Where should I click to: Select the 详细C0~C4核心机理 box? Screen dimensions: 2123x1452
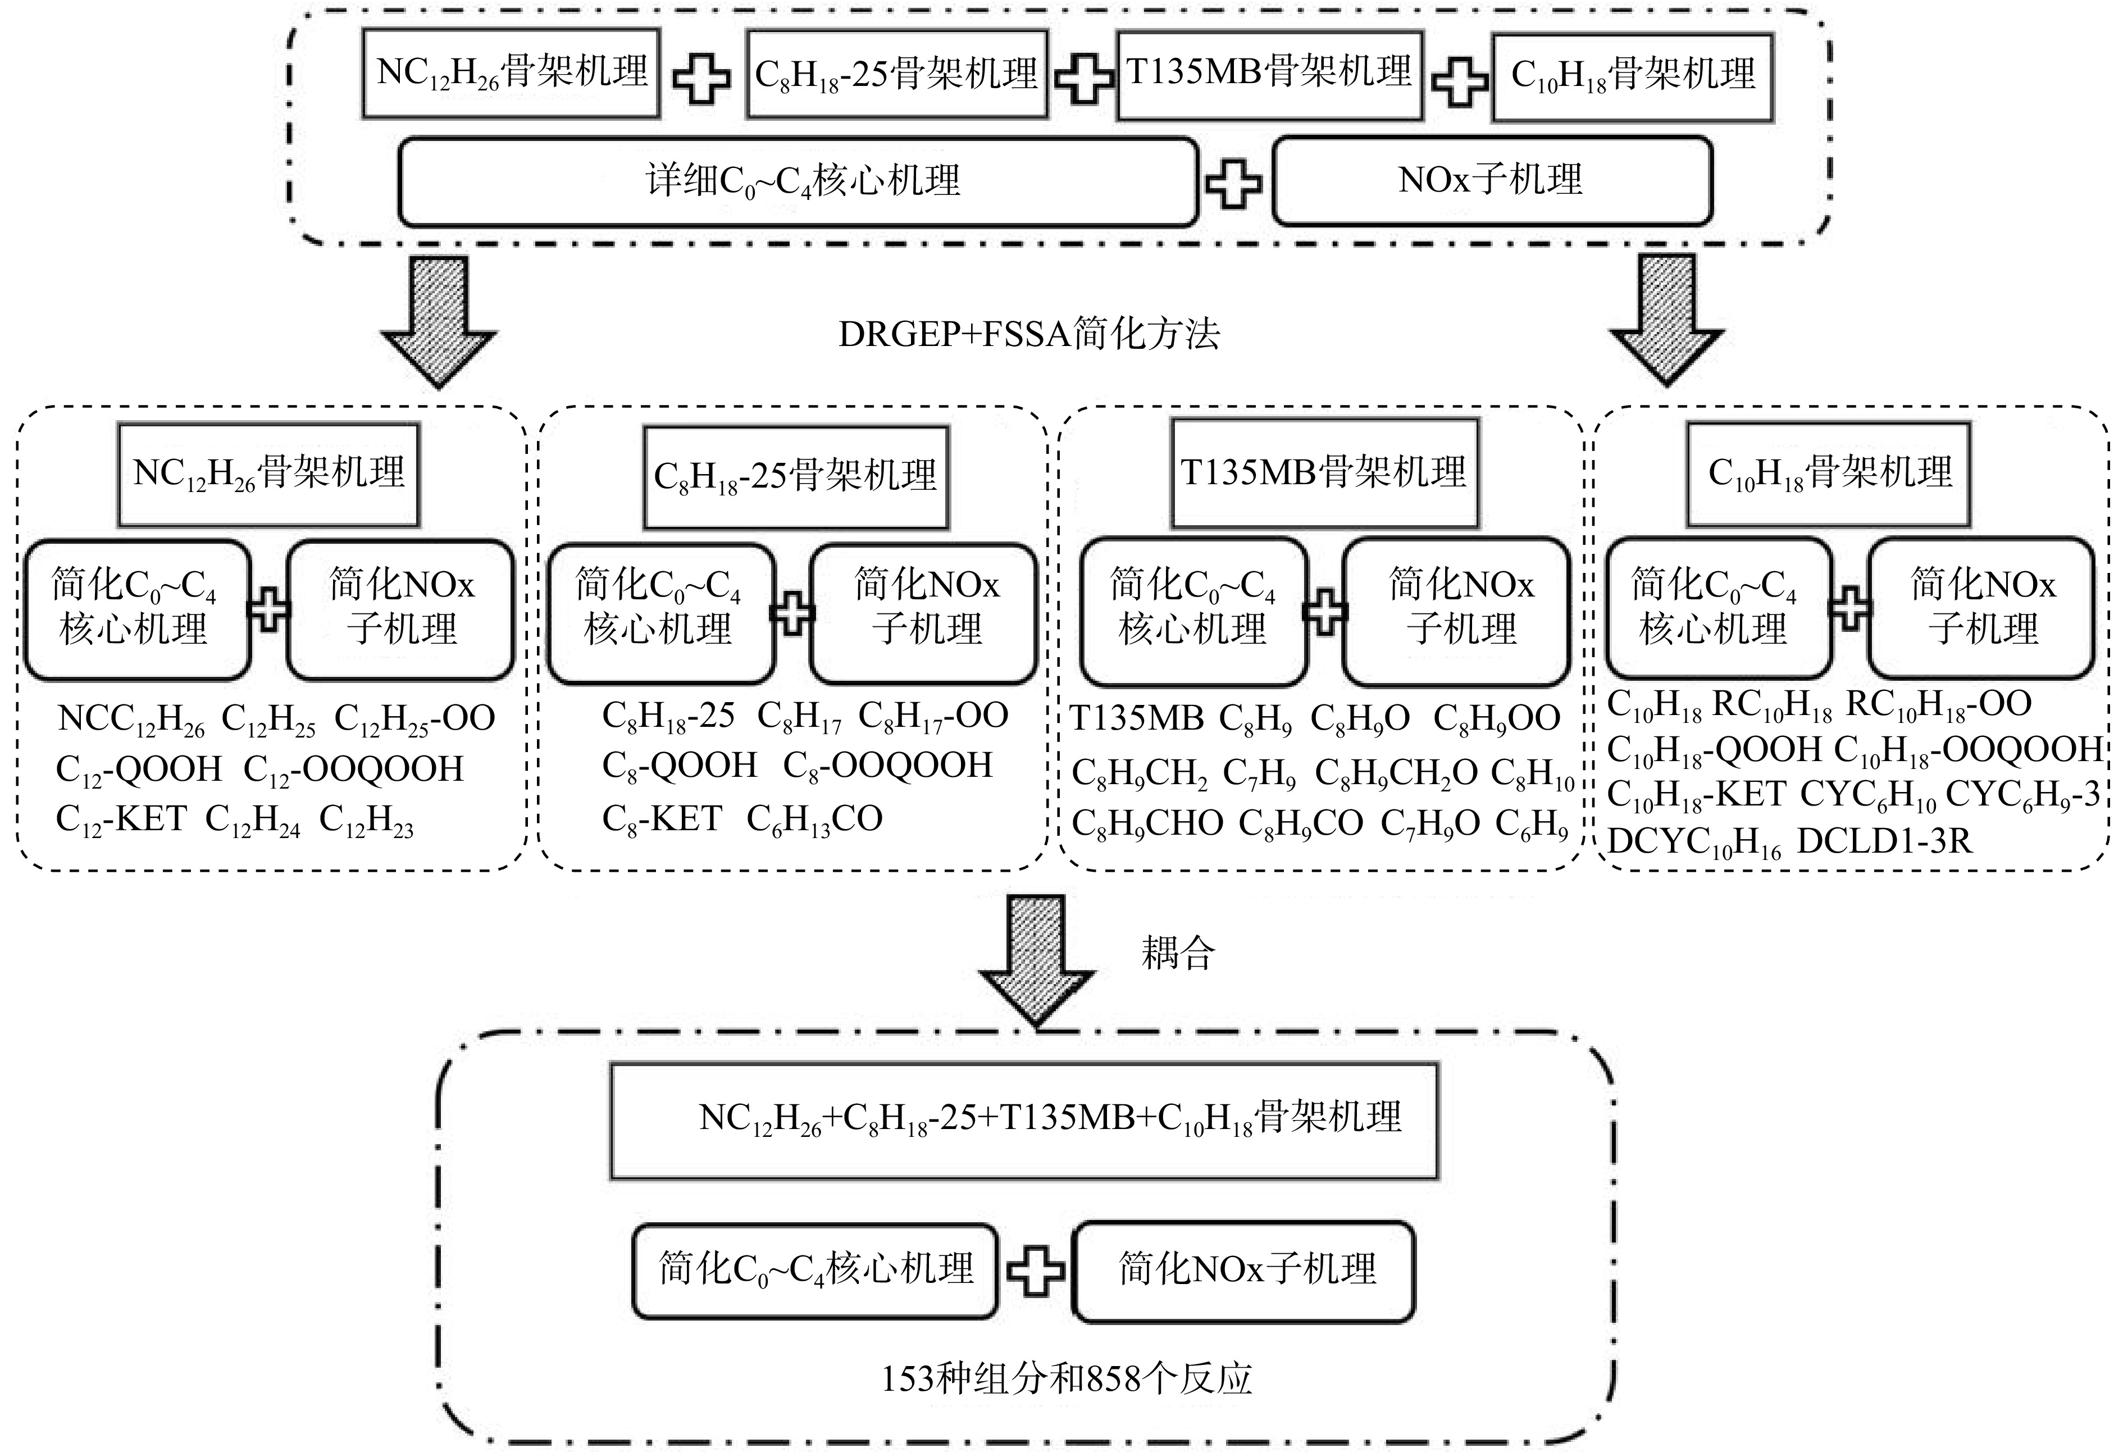pyautogui.click(x=799, y=181)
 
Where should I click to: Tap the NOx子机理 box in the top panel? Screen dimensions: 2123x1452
pyautogui.click(x=1492, y=180)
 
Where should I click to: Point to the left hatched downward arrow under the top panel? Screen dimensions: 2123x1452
pyautogui.click(x=439, y=322)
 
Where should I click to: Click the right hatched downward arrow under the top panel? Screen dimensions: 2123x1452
pyautogui.click(x=1667, y=320)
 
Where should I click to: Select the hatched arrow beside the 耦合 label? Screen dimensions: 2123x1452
pyautogui.click(x=1037, y=959)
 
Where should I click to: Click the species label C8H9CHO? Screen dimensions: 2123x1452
pyautogui.click(x=1147, y=824)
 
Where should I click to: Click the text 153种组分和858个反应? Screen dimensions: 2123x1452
pyautogui.click(x=1066, y=1378)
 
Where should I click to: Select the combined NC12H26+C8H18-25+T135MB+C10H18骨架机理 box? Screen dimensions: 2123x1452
pyautogui.click(x=1024, y=1120)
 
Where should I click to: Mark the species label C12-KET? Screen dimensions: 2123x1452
pyautogui.click(x=121, y=820)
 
